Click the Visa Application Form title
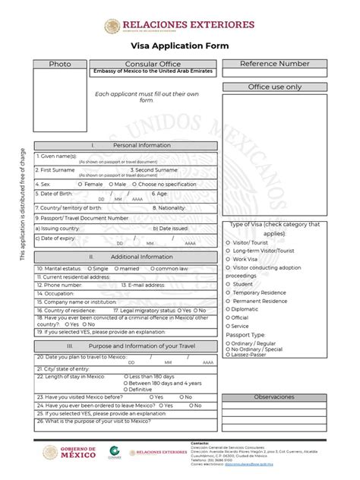(x=179, y=46)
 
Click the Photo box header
(x=60, y=65)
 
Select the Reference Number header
(x=274, y=64)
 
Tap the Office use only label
(x=274, y=87)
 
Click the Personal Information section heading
(x=126, y=144)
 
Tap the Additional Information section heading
(x=126, y=257)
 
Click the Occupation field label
(x=54, y=293)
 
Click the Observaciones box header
(x=274, y=397)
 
